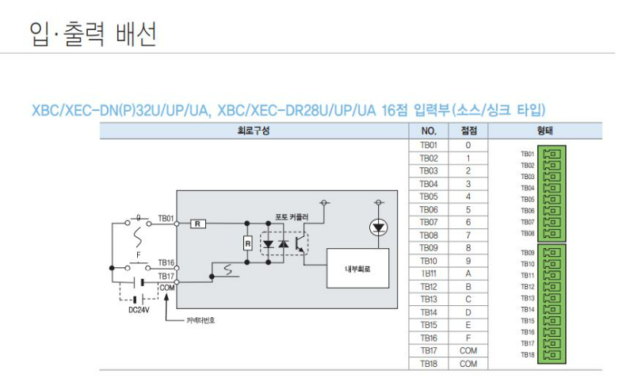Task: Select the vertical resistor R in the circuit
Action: point(247,243)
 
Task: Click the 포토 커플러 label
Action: point(292,216)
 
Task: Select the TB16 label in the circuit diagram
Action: point(166,262)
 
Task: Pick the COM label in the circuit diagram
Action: point(166,287)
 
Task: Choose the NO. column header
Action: point(428,132)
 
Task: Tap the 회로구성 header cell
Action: point(254,132)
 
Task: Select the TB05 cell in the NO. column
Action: point(428,197)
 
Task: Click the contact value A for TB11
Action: point(468,273)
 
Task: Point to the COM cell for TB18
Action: point(468,363)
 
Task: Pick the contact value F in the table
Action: point(468,338)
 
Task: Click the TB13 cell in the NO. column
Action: point(428,299)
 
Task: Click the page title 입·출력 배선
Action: point(93,33)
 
